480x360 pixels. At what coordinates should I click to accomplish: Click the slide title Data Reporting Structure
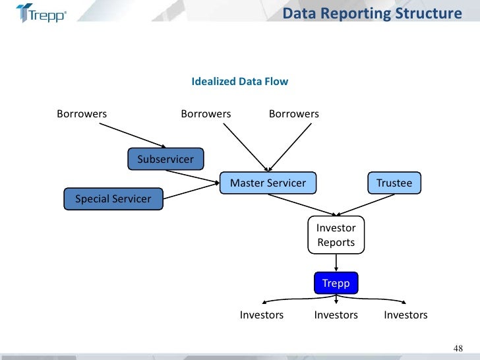point(371,13)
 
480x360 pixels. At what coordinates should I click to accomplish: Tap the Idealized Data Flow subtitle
point(239,82)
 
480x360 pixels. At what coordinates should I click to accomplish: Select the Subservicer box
point(165,159)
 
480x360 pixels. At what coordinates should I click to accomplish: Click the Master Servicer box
point(268,183)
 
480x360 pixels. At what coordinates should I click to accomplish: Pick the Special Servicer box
point(113,198)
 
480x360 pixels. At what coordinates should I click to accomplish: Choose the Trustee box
point(394,183)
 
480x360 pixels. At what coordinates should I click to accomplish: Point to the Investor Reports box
point(336,235)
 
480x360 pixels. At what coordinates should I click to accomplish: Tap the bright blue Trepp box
point(336,284)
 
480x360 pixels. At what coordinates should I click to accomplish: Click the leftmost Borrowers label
point(82,114)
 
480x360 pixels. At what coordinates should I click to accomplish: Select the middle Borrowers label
point(206,114)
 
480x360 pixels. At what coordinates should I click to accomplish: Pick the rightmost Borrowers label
point(293,114)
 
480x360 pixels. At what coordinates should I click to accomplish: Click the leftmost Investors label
point(262,315)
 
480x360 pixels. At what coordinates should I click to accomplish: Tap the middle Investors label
point(336,315)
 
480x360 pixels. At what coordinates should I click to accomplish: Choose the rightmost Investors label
point(405,315)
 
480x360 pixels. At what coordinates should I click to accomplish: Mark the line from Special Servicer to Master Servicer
point(191,189)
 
